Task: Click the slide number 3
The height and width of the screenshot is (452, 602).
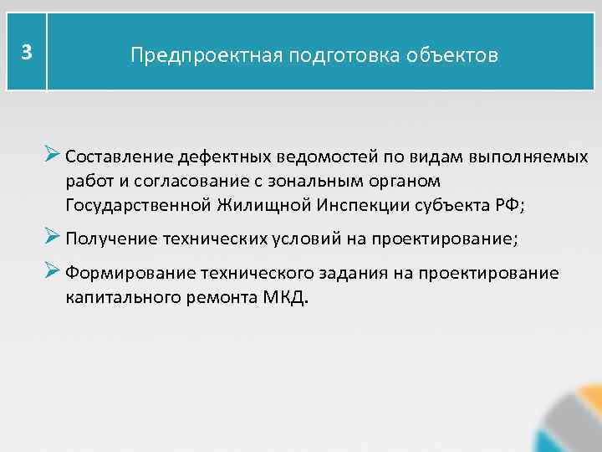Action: (x=27, y=52)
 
